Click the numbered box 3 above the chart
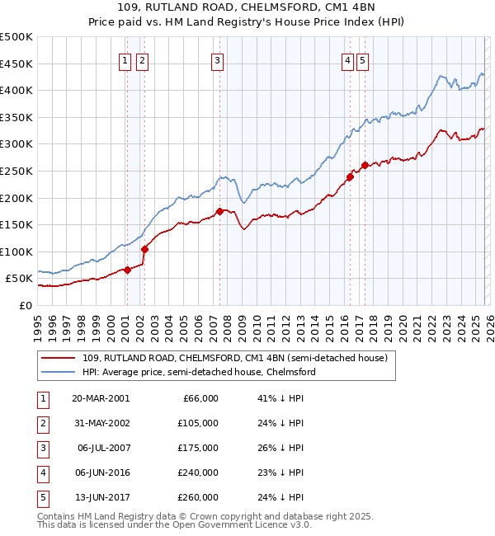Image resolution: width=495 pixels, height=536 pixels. point(217,59)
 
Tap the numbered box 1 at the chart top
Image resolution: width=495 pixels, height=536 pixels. point(125,59)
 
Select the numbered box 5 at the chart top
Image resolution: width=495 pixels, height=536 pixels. point(363,59)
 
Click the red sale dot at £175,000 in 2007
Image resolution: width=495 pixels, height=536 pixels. point(219,211)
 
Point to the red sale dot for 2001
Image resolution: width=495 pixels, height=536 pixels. point(127,270)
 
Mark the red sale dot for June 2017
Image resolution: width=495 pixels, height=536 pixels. point(365,166)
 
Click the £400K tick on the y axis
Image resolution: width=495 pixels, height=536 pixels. point(16,90)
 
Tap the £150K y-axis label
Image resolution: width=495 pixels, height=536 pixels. point(16,224)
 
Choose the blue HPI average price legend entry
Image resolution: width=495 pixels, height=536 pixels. point(198,372)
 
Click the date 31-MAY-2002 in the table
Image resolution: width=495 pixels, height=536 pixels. point(101,423)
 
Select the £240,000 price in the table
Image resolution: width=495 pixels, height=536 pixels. point(198,473)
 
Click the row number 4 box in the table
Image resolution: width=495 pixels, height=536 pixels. point(42,473)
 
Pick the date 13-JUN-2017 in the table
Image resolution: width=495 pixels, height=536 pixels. point(101,497)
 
